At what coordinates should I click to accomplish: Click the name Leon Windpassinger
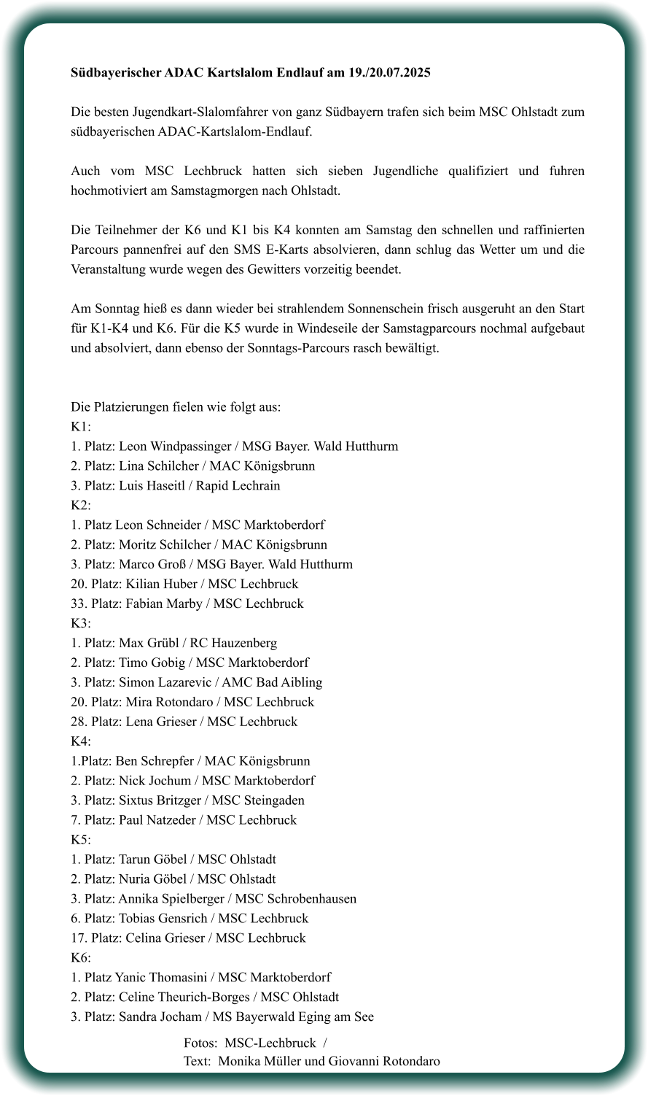tap(173, 446)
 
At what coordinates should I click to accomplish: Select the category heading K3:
tap(81, 623)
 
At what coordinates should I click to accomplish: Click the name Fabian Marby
tap(164, 603)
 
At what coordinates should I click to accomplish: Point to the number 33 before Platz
tap(78, 603)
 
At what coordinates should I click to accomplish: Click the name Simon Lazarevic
tap(163, 682)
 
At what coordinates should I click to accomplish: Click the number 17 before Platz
tap(78, 938)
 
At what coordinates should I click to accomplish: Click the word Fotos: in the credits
tap(200, 1043)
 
